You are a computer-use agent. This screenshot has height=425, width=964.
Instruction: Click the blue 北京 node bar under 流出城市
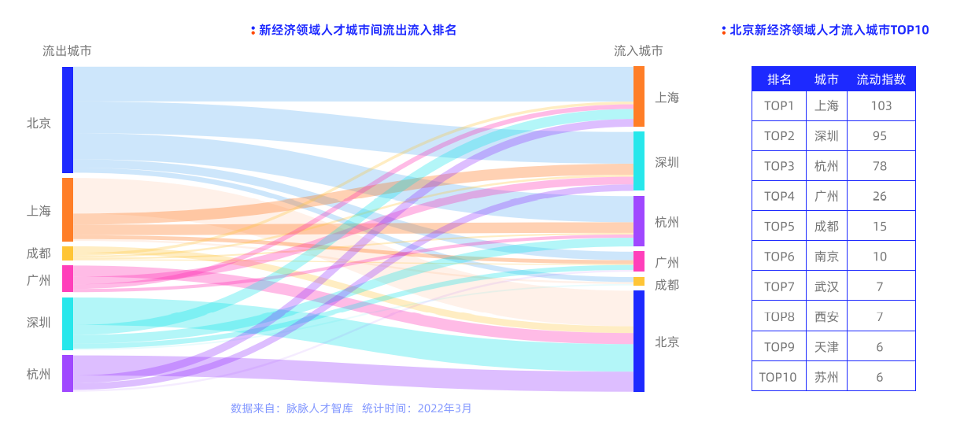(x=68, y=120)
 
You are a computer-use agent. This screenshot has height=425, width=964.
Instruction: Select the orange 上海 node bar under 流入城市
(x=639, y=96)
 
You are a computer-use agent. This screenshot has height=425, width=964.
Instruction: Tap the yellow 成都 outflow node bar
(x=68, y=253)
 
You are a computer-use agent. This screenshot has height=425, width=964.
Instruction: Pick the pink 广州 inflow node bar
(x=639, y=261)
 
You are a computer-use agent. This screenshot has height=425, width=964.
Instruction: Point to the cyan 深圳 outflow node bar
(x=68, y=323)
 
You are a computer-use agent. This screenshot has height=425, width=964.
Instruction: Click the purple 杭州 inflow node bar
(x=639, y=221)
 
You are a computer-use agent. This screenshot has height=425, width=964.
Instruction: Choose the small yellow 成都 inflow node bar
(x=639, y=282)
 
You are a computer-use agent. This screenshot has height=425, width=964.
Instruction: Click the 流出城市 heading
(x=67, y=51)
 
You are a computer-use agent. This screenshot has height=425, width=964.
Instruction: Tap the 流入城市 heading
(x=638, y=51)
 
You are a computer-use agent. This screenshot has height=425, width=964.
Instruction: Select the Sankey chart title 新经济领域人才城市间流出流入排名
(x=357, y=30)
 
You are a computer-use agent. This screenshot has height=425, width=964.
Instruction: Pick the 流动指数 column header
(x=881, y=79)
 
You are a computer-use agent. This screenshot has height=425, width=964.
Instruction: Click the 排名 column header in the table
(x=779, y=79)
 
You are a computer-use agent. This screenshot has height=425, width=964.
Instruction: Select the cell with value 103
(x=881, y=105)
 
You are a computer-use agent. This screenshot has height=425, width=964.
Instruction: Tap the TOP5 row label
(x=779, y=227)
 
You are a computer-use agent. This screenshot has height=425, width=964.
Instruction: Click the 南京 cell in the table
(x=826, y=257)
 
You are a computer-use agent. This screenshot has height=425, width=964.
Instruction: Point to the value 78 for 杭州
(x=881, y=166)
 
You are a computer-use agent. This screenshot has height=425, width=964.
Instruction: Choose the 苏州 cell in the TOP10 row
(x=826, y=377)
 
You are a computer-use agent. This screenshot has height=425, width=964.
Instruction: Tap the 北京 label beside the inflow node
(x=667, y=342)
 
